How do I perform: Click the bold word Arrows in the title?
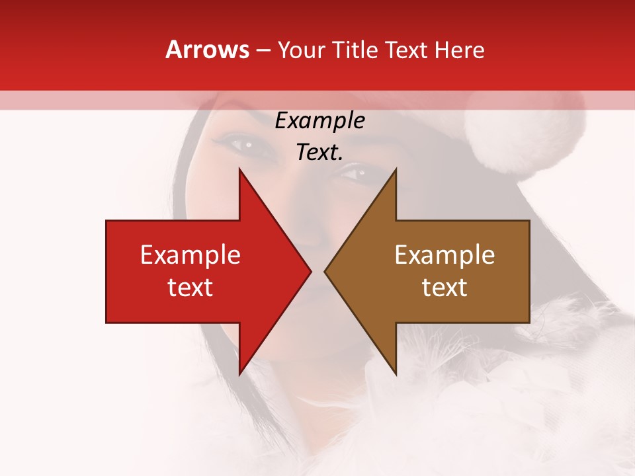point(207,50)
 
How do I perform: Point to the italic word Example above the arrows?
point(319,121)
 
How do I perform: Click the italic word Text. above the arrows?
point(319,152)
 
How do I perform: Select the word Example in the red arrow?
point(190,255)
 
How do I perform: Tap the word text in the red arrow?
point(190,288)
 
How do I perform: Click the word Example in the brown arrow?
point(444,255)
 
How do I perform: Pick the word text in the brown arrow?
point(444,288)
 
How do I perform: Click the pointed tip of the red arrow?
point(311,272)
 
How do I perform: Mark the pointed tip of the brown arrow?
point(325,272)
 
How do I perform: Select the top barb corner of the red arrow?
point(239,169)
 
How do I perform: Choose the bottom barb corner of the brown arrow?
point(396,375)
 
